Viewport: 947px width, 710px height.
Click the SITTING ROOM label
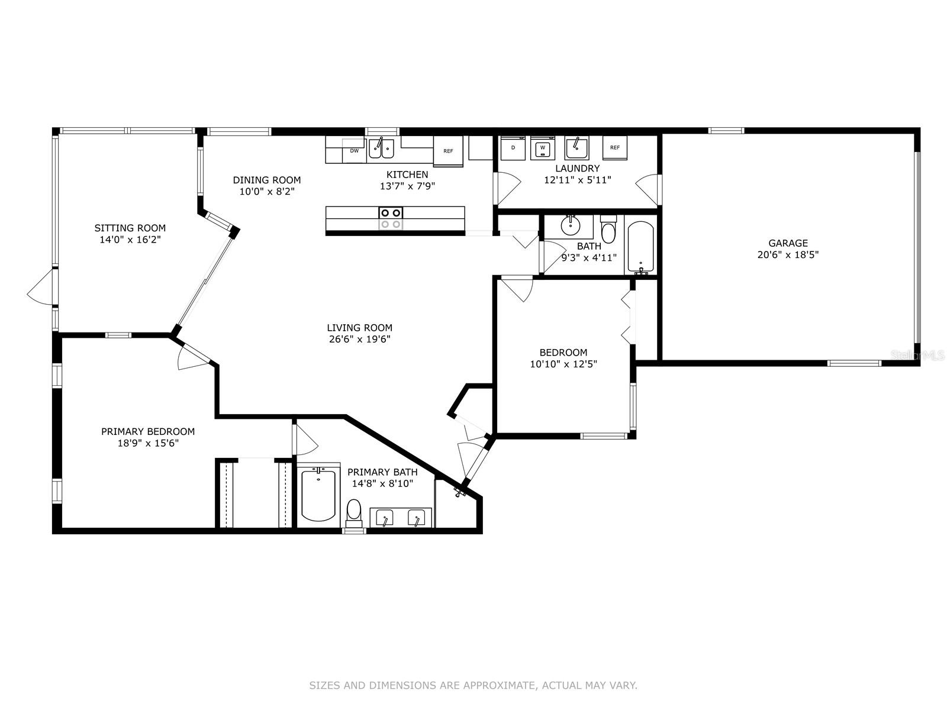click(x=130, y=228)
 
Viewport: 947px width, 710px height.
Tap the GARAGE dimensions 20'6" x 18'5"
click(x=788, y=255)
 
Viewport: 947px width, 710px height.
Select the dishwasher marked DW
click(x=354, y=150)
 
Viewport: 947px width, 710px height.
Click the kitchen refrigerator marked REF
click(x=448, y=151)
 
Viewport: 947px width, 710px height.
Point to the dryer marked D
click(x=513, y=148)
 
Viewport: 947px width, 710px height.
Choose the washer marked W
click(x=543, y=148)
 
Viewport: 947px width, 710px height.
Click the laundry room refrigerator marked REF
click(x=615, y=148)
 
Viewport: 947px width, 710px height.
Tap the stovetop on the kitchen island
click(x=391, y=218)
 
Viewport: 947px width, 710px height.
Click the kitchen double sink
click(x=381, y=149)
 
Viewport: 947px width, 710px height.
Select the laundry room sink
click(x=577, y=148)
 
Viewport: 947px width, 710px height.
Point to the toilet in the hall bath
click(x=608, y=230)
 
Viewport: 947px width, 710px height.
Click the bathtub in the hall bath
click(x=640, y=247)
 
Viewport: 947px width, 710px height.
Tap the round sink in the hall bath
click(x=571, y=226)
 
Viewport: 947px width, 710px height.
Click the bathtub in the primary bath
click(x=318, y=495)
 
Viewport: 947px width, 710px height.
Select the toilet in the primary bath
click(x=354, y=513)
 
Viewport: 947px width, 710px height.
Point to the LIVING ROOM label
click(x=359, y=328)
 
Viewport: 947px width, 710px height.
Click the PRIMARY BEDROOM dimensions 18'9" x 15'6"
click(x=148, y=443)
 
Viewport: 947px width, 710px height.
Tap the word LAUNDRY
click(x=577, y=168)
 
